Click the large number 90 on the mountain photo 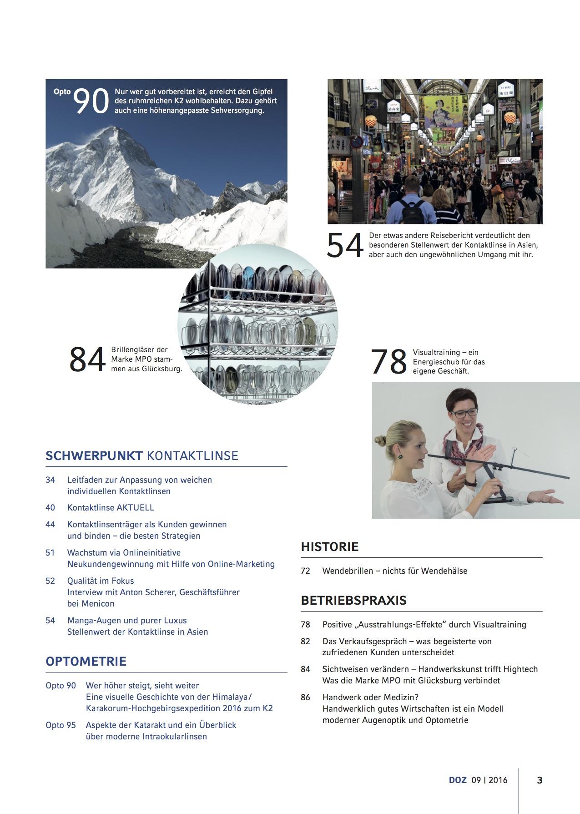point(91,101)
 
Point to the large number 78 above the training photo point(389,362)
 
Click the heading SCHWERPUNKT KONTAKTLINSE point(142,456)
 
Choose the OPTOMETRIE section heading point(86,661)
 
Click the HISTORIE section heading point(330,546)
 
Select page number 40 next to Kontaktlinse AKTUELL point(50,508)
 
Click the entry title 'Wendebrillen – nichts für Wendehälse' point(394,571)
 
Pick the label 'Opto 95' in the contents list point(61,725)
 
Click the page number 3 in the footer point(540,780)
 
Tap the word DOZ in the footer point(458,780)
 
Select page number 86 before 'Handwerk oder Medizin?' point(305,697)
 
